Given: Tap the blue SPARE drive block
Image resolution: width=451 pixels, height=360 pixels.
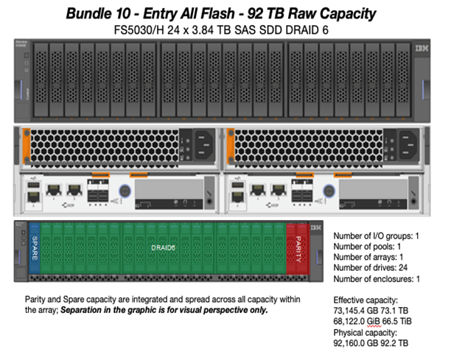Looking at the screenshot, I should pyautogui.click(x=34, y=250).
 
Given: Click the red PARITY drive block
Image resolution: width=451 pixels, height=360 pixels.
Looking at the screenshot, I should pyautogui.click(x=298, y=250).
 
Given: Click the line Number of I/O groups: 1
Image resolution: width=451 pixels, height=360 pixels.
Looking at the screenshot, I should pyautogui.click(x=377, y=236).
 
